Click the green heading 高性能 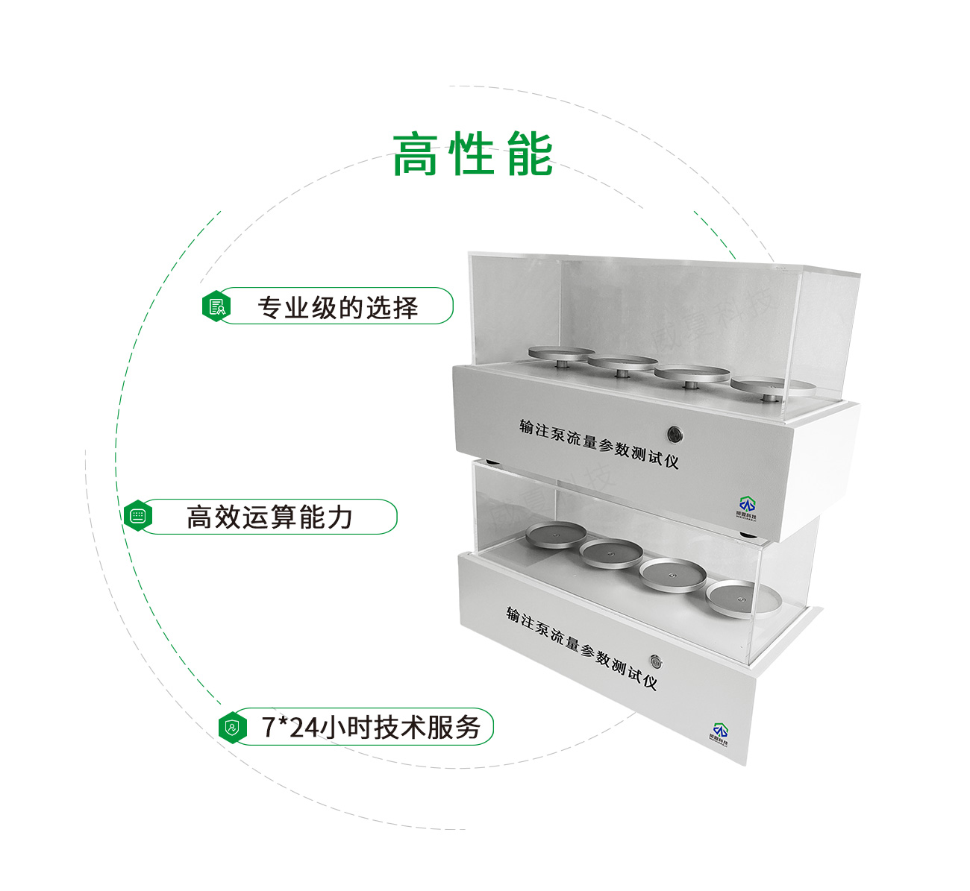[472, 155]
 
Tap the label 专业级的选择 [337, 307]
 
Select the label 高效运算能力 [269, 517]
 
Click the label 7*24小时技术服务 [370, 727]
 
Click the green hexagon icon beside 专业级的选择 [216, 306]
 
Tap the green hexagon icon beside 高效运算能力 [137, 516]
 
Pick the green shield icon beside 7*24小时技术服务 [233, 727]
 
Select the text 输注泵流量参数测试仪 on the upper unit [598, 443]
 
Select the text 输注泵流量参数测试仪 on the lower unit [581, 647]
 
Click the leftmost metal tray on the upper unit [561, 352]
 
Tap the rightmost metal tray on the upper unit [770, 385]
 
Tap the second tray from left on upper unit [622, 363]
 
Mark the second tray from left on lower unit [611, 552]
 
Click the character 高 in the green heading [415, 155]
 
